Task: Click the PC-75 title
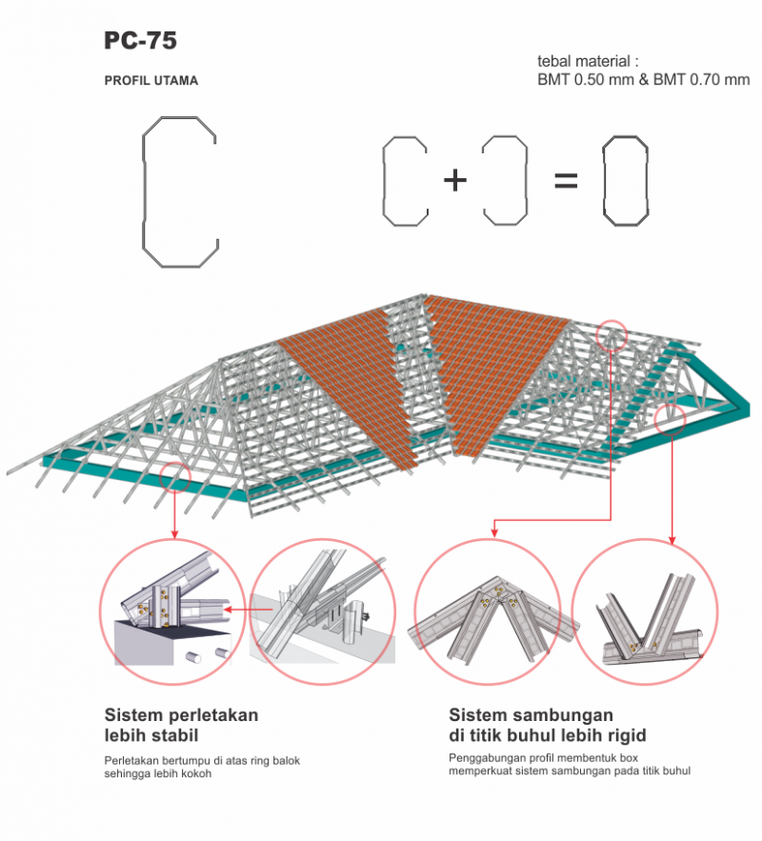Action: click(140, 41)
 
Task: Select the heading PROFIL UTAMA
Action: click(151, 81)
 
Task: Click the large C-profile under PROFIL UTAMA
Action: click(180, 190)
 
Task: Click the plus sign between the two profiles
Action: click(455, 180)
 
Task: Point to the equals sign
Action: click(566, 180)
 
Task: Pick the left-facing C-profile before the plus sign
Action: click(404, 181)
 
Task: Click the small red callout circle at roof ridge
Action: click(612, 334)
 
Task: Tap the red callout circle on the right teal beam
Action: click(671, 418)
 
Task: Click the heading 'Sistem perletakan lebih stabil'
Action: click(181, 724)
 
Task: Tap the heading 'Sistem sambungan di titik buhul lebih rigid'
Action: click(548, 724)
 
